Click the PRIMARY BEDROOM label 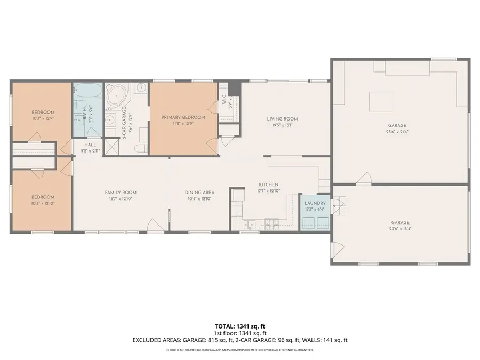[x=183, y=117]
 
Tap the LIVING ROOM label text [x=282, y=119]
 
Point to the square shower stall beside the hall [x=111, y=146]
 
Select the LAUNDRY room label [x=315, y=203]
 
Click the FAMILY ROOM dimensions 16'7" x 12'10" [x=120, y=199]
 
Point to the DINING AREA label [x=199, y=193]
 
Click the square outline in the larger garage [x=381, y=101]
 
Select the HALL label [x=90, y=144]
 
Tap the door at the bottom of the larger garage [x=364, y=179]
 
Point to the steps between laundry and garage [x=339, y=205]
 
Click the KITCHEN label [x=269, y=185]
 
